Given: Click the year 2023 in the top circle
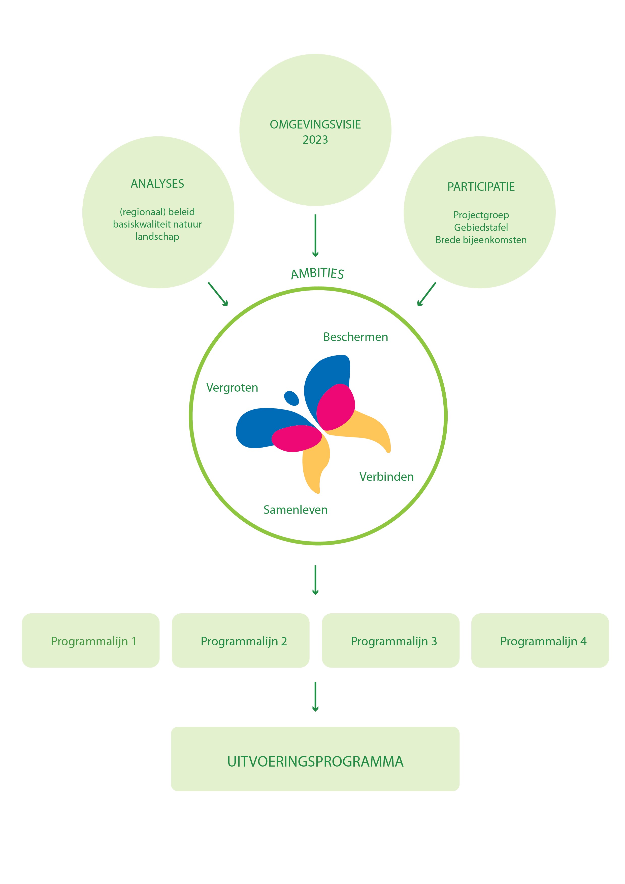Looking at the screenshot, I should [315, 140].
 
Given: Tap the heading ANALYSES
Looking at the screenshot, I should [157, 184].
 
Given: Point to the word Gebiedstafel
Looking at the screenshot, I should [481, 228].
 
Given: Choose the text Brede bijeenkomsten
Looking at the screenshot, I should [481, 240].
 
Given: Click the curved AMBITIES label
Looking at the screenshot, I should [317, 273].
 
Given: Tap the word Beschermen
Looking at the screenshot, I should [355, 337].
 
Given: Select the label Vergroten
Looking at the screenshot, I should [232, 388].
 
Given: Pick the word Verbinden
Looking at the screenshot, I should [386, 477].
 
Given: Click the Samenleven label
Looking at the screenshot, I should [295, 510].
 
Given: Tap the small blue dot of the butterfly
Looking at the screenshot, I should [291, 398].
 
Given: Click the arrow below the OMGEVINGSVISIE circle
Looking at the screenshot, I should [315, 235].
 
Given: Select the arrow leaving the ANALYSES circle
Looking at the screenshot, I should [218, 294].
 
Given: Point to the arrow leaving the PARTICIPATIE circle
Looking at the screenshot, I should [426, 294].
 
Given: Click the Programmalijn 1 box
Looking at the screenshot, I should [91, 641].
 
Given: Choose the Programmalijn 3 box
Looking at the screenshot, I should [391, 641].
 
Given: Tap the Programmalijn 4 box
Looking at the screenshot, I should [540, 641].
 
